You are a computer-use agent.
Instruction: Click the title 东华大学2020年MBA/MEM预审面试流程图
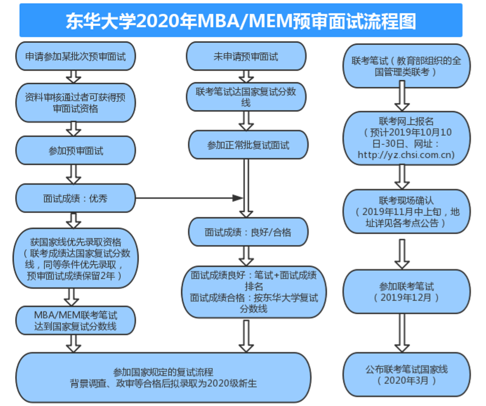coord(241,21)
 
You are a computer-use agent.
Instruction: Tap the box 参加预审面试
coord(75,151)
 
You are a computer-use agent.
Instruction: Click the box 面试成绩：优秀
coord(75,198)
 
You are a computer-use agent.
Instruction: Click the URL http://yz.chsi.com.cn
coord(405,155)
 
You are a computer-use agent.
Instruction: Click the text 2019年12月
coord(406,297)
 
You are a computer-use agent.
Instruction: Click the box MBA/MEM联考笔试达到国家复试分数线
coord(75,321)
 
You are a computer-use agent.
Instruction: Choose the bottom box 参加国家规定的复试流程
coord(164,377)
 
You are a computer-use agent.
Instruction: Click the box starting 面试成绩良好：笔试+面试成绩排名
coord(254,291)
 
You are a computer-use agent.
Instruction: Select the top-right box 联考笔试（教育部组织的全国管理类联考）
coord(405,66)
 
